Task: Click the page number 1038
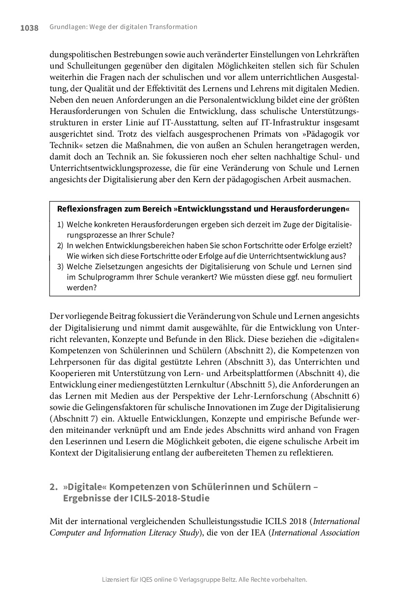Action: (29, 28)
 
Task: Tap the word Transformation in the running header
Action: (173, 27)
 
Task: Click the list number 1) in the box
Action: (60, 225)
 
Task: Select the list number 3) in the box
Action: (60, 267)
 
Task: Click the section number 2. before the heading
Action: (53, 487)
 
